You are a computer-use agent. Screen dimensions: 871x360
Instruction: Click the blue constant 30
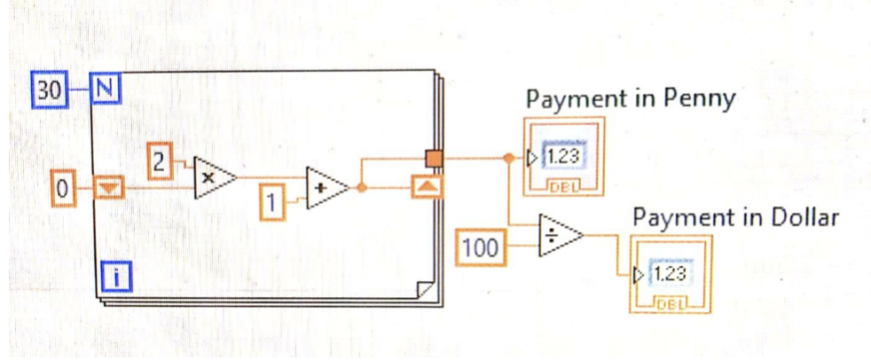51,89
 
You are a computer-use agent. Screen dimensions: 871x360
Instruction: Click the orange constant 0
63,188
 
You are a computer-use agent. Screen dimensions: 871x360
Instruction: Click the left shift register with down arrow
110,188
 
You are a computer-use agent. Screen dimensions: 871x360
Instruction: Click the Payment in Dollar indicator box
671,275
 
